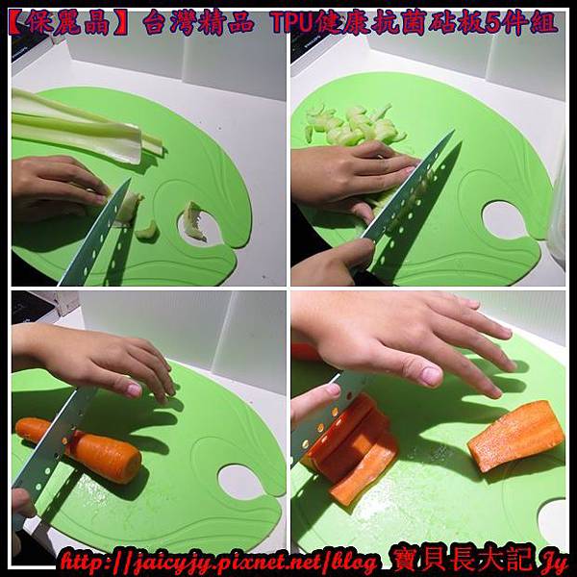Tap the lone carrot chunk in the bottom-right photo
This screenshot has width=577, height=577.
(x=516, y=435)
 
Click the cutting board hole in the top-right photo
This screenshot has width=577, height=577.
(x=503, y=219)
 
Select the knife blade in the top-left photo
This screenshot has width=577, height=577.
(x=97, y=232)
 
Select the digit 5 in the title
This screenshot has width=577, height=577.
(x=492, y=23)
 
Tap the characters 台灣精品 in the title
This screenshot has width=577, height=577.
(x=199, y=23)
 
